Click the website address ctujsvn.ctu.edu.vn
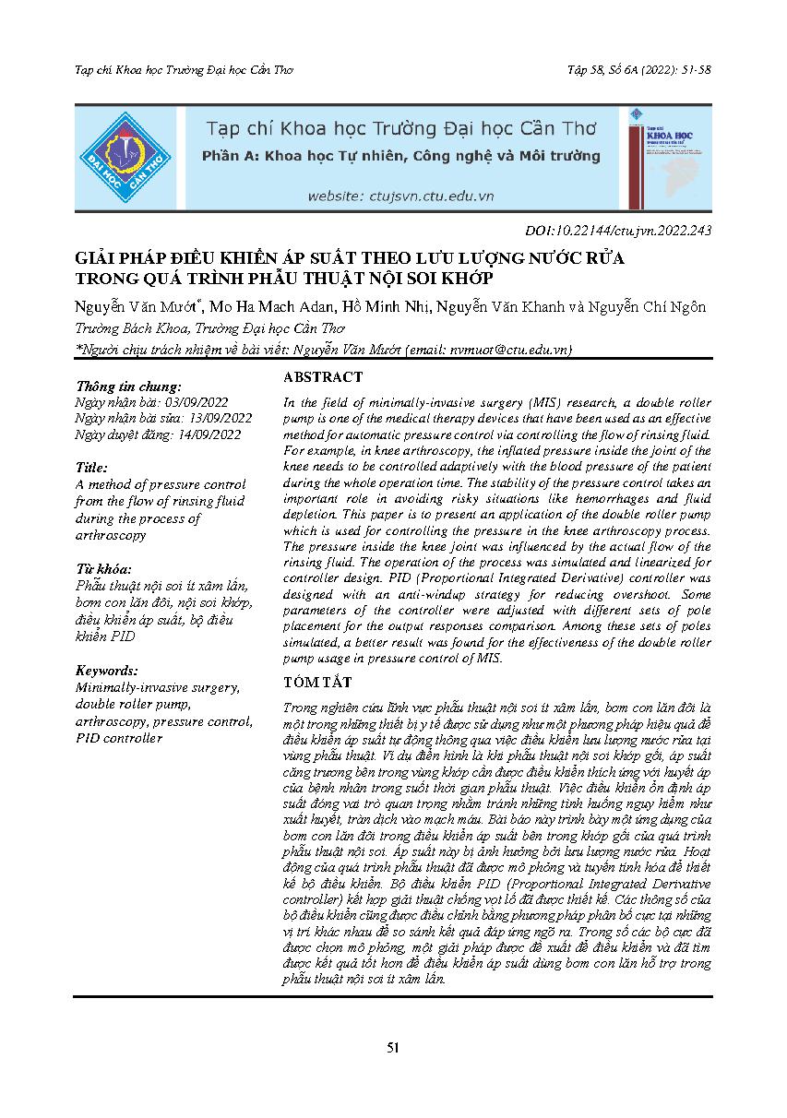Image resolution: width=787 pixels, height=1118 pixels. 400,196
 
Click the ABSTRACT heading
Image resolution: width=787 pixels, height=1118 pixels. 323,377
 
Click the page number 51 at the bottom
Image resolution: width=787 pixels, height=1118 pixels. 393,1047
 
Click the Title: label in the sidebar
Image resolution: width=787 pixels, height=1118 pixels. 92,468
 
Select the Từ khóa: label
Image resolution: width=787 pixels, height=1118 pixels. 104,568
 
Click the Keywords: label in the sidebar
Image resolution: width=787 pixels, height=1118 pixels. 108,671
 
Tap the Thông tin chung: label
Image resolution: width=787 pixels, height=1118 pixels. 129,387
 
